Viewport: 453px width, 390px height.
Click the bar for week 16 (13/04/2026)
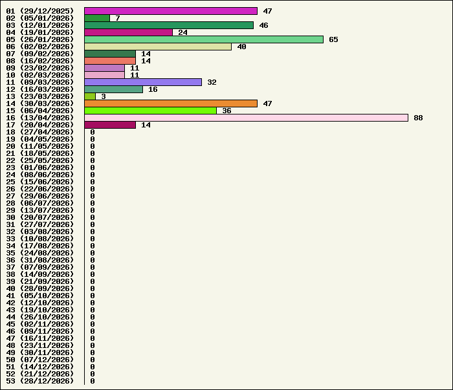click(246, 118)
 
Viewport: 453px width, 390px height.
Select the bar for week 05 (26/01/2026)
click(204, 39)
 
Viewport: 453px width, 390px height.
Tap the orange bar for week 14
click(171, 103)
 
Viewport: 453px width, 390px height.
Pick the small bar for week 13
click(90, 96)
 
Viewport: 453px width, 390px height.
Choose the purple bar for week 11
click(143, 82)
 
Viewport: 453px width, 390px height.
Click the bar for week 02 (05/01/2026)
click(97, 18)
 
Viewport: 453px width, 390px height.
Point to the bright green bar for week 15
click(151, 111)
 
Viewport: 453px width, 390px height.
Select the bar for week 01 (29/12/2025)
click(171, 11)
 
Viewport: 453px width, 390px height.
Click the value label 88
click(418, 118)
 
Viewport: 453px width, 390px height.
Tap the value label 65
click(333, 39)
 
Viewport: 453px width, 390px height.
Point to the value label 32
click(212, 82)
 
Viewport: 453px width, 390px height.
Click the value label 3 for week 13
click(104, 96)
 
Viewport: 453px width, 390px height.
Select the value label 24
click(182, 32)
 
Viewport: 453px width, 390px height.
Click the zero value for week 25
click(93, 182)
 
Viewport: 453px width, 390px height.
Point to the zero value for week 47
click(93, 338)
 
